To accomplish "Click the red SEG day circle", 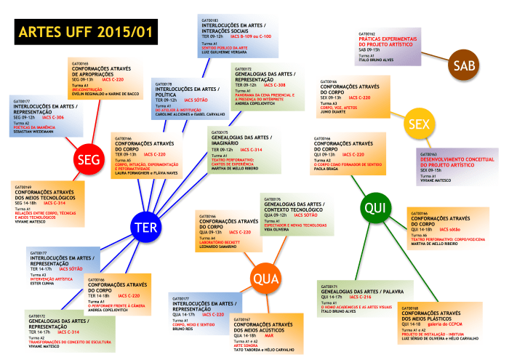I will [88, 159].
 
